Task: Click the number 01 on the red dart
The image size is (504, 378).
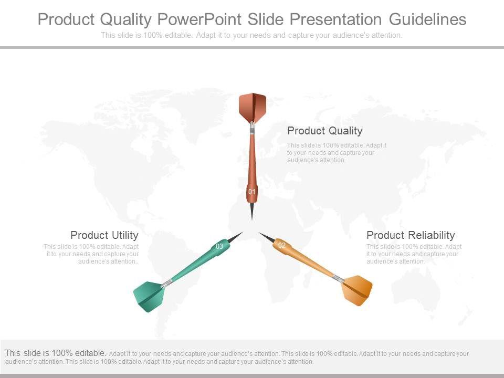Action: coord(251,192)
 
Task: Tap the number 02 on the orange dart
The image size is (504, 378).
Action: coord(282,245)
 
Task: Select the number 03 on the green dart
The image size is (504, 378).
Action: coord(219,247)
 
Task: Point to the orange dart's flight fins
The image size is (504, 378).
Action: coord(358,290)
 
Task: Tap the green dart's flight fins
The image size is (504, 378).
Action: coord(149,296)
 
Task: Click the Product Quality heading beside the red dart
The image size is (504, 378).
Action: coord(324,131)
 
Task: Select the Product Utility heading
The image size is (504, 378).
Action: coord(104,235)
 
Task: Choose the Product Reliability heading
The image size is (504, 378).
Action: coord(411,235)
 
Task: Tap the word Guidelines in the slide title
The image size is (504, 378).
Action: coord(427,19)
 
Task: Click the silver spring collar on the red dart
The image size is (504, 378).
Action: coord(253,129)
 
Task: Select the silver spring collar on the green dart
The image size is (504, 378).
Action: coord(166,283)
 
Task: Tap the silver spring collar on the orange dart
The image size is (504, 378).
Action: coord(338,278)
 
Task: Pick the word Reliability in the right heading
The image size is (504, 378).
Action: coord(430,235)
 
